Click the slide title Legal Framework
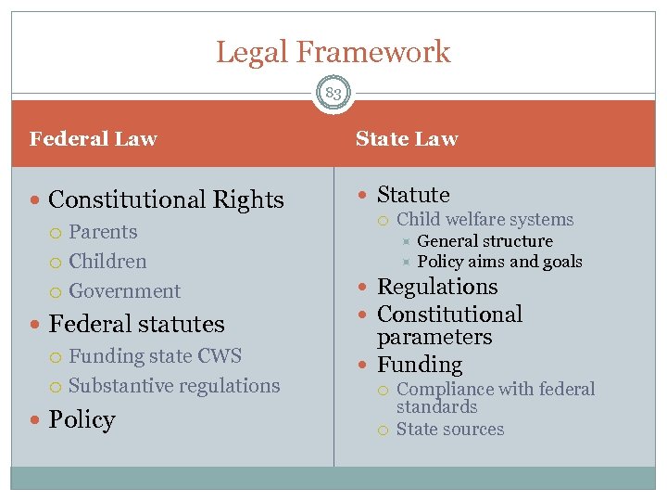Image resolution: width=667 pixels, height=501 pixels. tap(333, 52)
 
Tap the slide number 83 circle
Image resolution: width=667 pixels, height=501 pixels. tap(333, 94)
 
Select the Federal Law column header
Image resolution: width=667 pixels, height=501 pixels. tap(94, 139)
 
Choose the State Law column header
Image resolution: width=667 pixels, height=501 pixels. tap(407, 139)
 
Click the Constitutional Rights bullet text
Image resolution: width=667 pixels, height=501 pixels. tap(166, 199)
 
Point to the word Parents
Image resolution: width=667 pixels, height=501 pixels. tap(103, 232)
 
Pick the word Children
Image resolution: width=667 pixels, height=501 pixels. tap(107, 262)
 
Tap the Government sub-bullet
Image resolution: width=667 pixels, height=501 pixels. tap(125, 291)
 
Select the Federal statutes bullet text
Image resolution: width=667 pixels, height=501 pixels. tap(136, 324)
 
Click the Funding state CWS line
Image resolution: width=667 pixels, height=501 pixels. tap(155, 356)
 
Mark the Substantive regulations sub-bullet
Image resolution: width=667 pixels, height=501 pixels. tap(174, 386)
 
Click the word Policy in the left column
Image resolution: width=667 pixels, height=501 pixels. tap(82, 419)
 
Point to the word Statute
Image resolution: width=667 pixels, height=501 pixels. tap(413, 195)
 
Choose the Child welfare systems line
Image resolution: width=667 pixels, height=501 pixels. tap(485, 220)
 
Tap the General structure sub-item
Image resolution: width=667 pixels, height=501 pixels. tap(485, 241)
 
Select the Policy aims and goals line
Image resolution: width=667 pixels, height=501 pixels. tap(499, 262)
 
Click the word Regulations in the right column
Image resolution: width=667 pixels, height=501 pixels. tap(437, 287)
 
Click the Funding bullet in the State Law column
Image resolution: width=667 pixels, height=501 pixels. tap(420, 365)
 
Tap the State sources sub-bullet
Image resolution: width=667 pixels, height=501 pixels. tap(450, 430)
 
